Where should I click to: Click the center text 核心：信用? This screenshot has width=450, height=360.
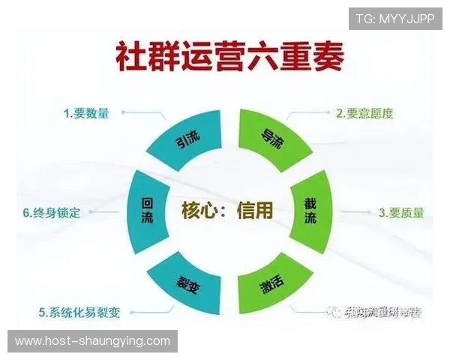227,211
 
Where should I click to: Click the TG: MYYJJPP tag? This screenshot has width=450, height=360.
395,18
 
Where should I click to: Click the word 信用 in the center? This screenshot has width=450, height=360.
255,211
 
